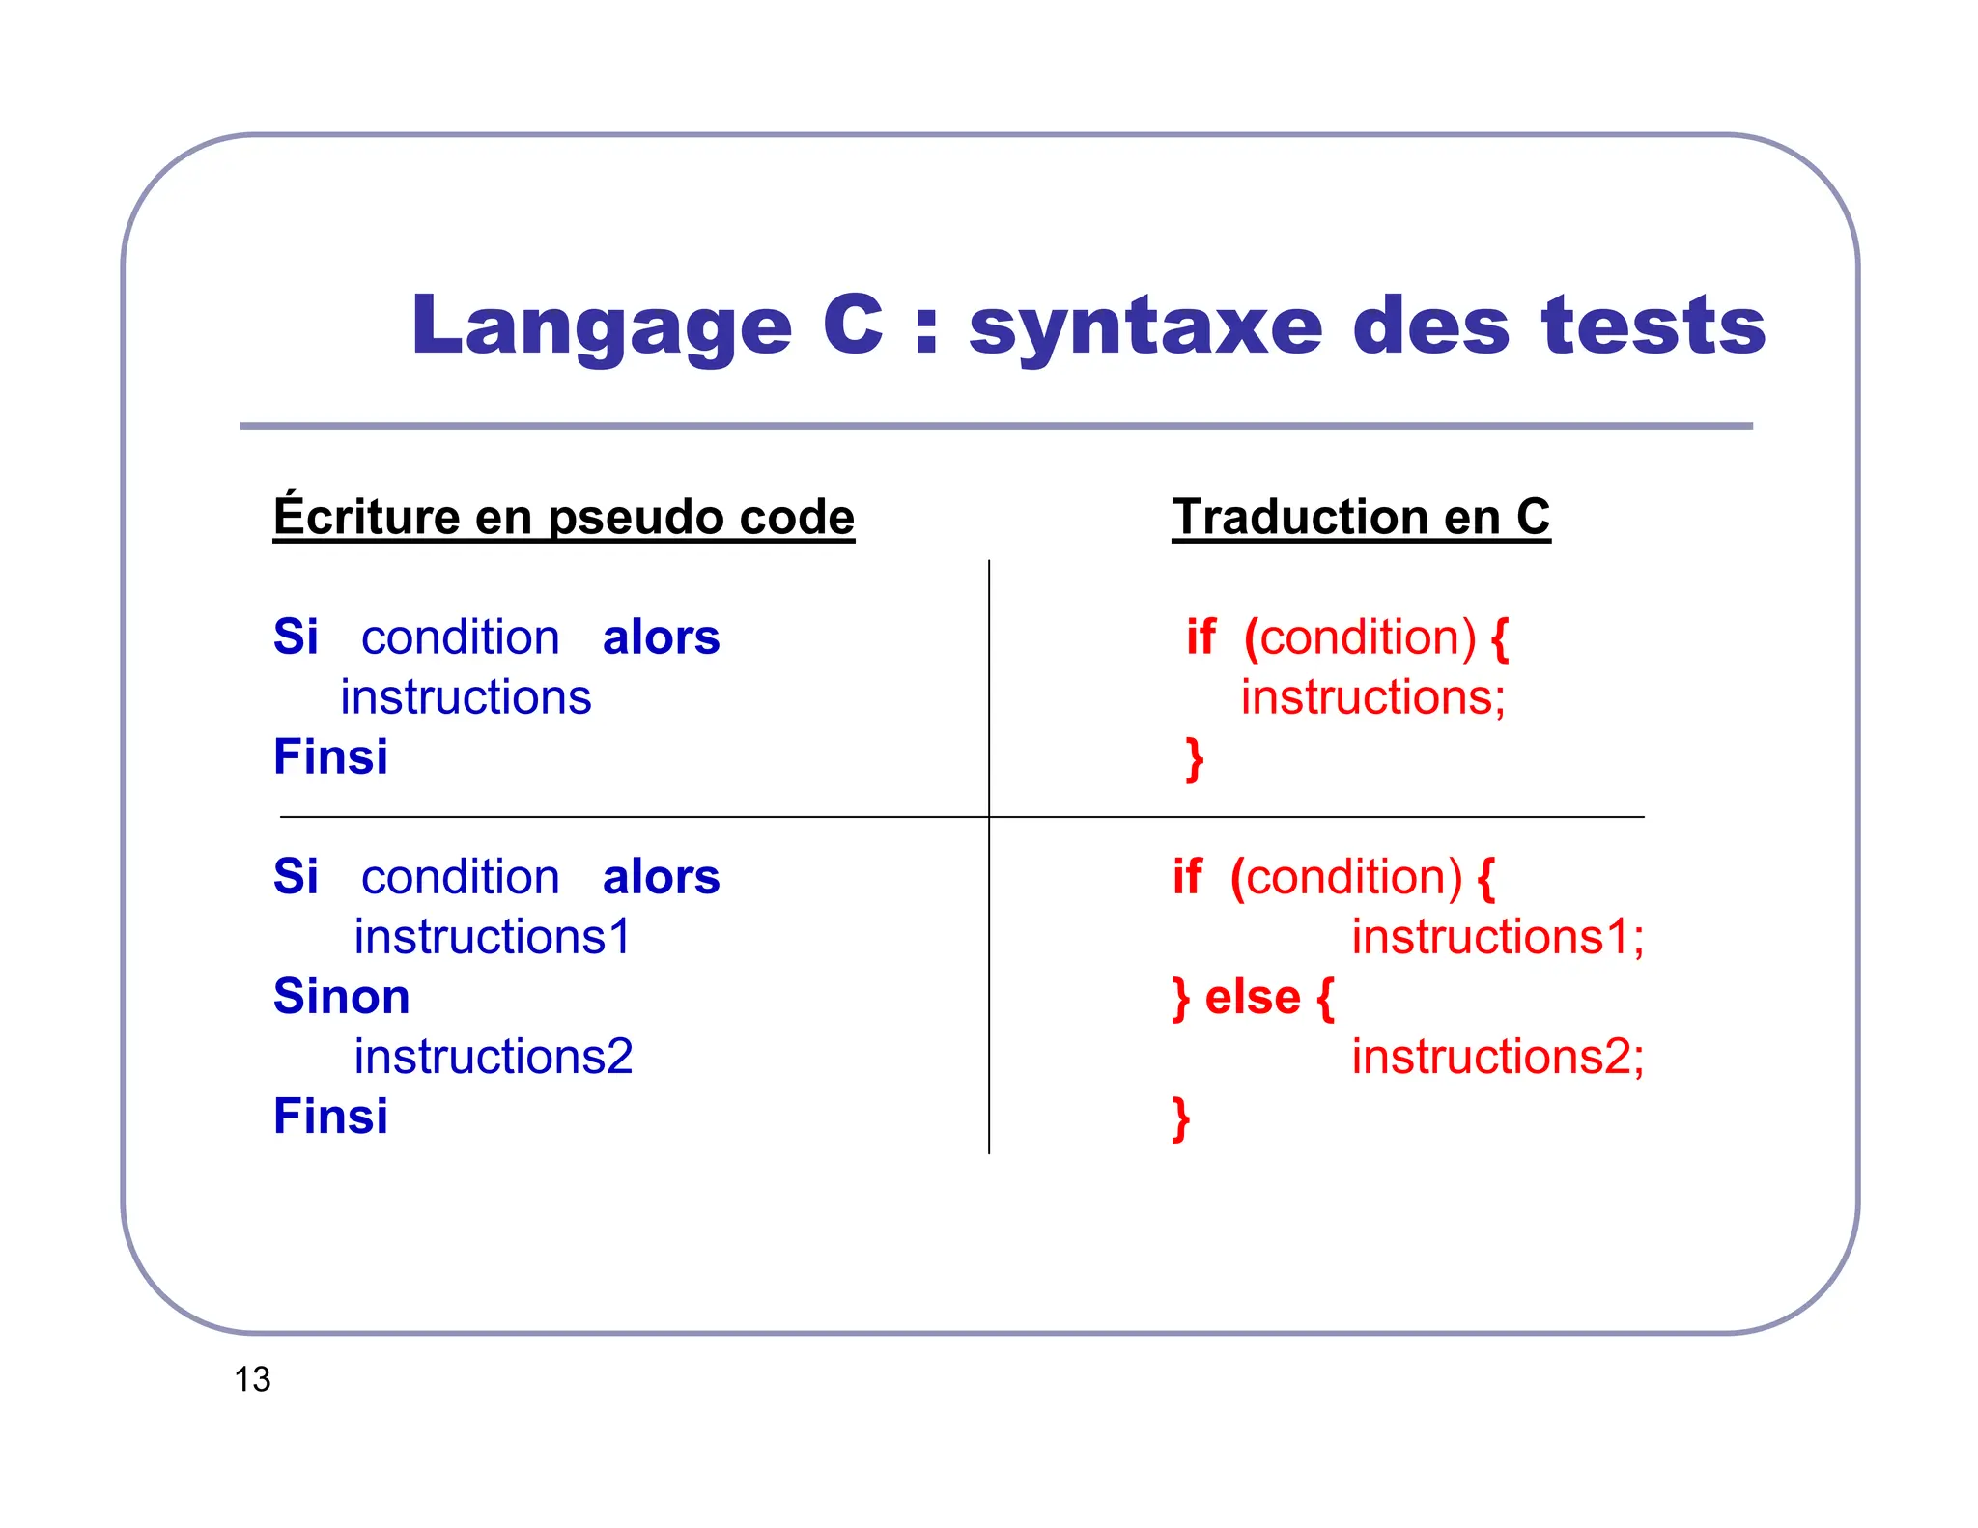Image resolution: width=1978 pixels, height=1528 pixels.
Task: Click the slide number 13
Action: coord(252,1379)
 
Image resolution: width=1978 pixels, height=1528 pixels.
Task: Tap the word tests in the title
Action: coord(1653,325)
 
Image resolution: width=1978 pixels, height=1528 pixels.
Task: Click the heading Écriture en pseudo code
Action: coord(563,517)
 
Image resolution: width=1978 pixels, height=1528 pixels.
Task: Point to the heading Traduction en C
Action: coord(1360,517)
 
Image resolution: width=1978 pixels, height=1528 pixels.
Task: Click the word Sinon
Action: coord(341,997)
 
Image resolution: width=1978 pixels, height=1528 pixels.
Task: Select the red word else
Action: coord(1253,997)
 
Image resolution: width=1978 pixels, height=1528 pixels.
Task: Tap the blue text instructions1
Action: coord(492,937)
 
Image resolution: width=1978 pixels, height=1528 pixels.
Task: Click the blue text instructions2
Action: coord(493,1057)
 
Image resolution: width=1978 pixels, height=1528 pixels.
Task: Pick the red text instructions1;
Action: coord(1497,937)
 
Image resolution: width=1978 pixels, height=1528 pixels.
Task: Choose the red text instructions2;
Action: coord(1497,1057)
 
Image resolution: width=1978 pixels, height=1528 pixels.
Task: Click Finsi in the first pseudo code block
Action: coord(330,756)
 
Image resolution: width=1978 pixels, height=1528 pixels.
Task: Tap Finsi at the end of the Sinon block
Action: coord(330,1117)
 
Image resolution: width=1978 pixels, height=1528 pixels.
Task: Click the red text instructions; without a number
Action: coord(1372,697)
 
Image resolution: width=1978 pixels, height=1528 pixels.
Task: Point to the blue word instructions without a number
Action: coord(466,697)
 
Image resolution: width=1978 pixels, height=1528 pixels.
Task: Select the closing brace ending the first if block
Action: coord(1195,759)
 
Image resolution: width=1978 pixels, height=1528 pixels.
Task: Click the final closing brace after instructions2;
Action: coord(1180,1118)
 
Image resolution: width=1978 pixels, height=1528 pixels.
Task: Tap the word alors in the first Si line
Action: coord(661,637)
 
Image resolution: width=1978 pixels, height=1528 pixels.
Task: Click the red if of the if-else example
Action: coord(1187,877)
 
